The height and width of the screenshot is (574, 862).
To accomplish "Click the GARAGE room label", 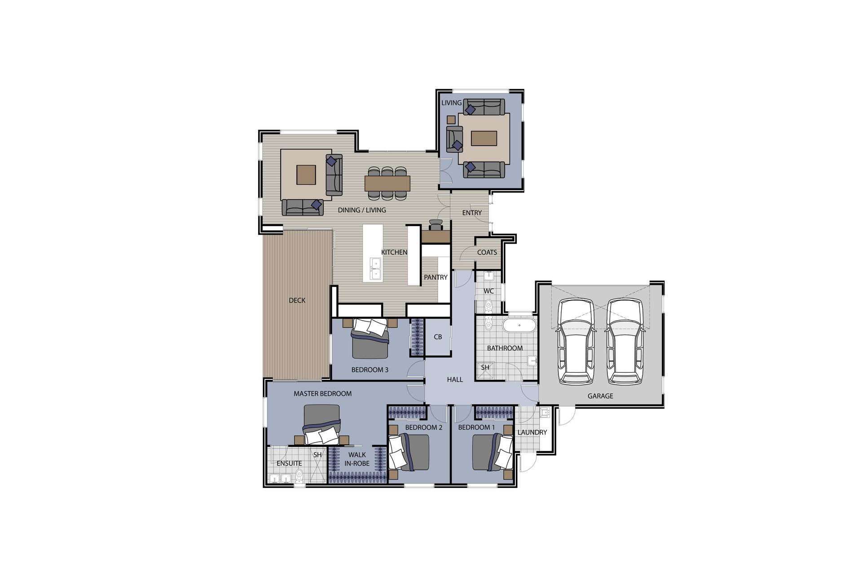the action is click(600, 396).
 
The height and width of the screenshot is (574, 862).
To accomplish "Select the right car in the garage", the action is click(625, 342).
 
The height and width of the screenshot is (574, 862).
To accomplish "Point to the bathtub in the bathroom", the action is click(519, 325).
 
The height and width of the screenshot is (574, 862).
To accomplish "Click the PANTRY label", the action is click(435, 277).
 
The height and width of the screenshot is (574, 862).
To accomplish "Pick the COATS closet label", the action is click(487, 252).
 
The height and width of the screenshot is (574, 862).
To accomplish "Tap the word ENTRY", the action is click(472, 213).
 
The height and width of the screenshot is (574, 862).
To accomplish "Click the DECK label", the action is click(297, 300).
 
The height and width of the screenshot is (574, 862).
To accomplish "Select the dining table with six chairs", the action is click(387, 183).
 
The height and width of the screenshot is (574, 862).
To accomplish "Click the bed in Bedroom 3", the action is click(370, 338).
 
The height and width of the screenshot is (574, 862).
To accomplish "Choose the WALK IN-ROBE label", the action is click(357, 459).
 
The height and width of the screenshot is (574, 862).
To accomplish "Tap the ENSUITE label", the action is click(289, 463).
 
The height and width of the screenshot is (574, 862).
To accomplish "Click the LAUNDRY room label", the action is click(532, 432).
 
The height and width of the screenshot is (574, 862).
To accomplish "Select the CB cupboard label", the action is click(438, 337).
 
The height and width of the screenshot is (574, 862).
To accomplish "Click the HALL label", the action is click(455, 379).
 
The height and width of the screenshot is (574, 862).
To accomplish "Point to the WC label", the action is click(489, 291).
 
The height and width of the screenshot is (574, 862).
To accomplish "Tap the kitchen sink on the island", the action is click(375, 269).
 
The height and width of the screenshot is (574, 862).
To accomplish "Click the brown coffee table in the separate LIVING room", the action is click(484, 138).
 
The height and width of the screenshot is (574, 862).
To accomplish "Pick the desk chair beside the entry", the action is click(435, 225).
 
